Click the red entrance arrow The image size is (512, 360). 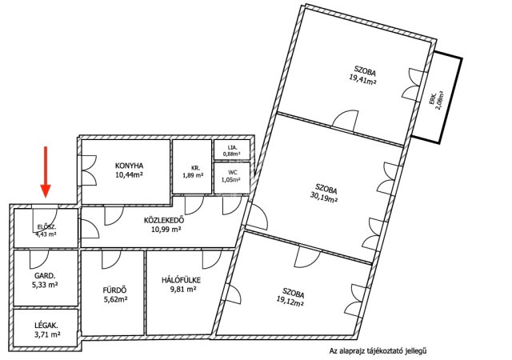click(46, 172)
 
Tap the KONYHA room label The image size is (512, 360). click(130, 166)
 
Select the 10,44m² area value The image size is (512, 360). click(130, 174)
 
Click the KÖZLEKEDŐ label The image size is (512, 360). click(164, 220)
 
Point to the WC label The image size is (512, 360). click(233, 173)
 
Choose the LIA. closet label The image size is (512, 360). click(232, 148)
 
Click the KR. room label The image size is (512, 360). click(195, 168)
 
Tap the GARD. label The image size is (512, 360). click(45, 276)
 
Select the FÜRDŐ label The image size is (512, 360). click(114, 290)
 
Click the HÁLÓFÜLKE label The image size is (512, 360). click(181, 280)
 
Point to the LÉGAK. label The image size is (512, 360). click(46, 326)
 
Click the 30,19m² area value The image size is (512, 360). click(323, 197)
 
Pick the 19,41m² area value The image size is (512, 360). click(362, 79)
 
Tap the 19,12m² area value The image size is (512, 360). click(290, 302)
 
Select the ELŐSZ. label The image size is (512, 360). click(46, 227)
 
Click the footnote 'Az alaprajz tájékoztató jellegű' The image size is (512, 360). click(378, 351)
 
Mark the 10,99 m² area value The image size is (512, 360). click(166, 230)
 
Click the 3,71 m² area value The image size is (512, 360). click(47, 334)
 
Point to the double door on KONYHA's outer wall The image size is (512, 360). click(87, 170)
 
